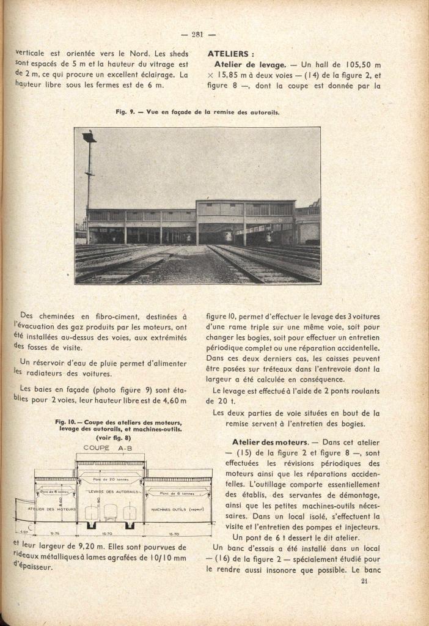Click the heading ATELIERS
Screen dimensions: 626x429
click(x=231, y=53)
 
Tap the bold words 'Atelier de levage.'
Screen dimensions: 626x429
click(x=251, y=64)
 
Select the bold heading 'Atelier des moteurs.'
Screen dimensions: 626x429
click(x=271, y=442)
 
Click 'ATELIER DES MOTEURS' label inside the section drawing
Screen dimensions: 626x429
click(x=52, y=509)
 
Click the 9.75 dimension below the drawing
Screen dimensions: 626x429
click(x=54, y=532)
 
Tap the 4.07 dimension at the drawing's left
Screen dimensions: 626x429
click(x=23, y=532)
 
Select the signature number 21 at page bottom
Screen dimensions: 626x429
click(x=364, y=581)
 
